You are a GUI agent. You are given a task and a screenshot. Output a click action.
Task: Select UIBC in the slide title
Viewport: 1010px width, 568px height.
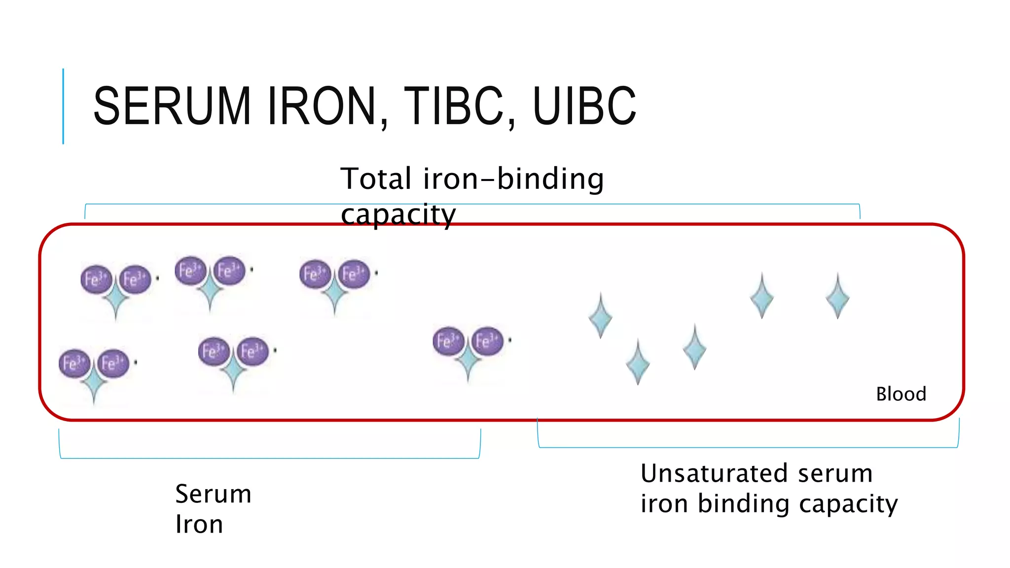point(584,106)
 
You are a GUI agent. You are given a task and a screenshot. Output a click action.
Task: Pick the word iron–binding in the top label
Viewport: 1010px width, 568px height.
point(513,178)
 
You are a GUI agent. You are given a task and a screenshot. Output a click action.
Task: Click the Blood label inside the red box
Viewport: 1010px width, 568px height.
point(901,394)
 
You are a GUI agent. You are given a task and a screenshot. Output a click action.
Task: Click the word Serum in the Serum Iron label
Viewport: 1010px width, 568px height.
point(213,494)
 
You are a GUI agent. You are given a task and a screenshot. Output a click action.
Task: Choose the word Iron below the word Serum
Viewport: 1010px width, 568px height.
point(199,525)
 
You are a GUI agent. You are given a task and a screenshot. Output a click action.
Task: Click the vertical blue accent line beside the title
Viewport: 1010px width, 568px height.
point(63,106)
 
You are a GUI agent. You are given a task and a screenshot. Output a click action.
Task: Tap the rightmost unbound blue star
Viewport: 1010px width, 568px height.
point(837,297)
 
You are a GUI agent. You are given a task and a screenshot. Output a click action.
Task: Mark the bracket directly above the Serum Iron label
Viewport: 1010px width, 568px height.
point(270,458)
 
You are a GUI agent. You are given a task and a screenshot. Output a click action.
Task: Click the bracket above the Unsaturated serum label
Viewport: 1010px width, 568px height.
point(748,447)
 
